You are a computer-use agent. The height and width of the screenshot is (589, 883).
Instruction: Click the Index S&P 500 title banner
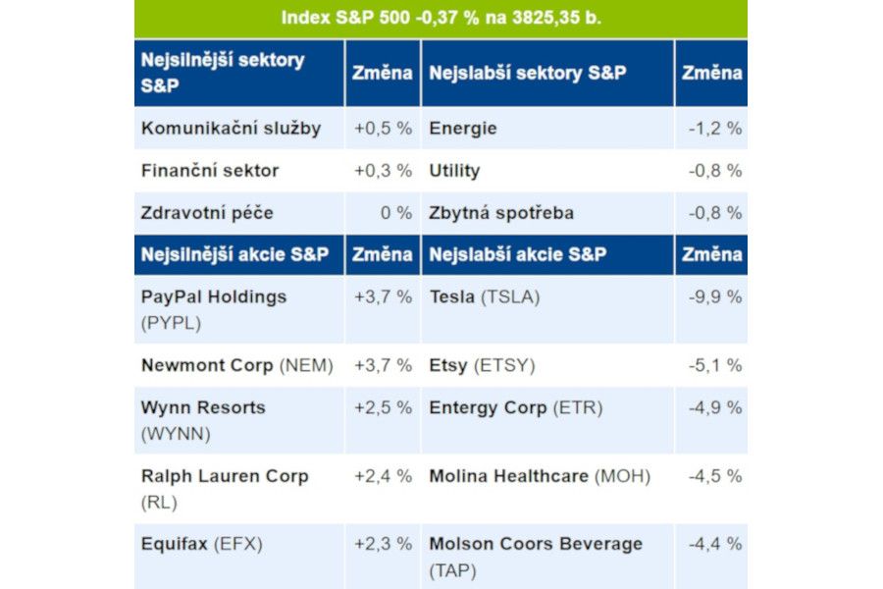pyautogui.click(x=441, y=18)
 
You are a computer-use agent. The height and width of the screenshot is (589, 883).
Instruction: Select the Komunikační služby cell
pyautogui.click(x=231, y=129)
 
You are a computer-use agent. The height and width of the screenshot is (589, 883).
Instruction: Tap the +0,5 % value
pyautogui.click(x=383, y=129)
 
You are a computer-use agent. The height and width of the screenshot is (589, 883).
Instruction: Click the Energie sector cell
pyautogui.click(x=463, y=129)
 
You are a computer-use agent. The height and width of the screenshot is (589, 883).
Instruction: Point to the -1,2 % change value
pyautogui.click(x=714, y=129)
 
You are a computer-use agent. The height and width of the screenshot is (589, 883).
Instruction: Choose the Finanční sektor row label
pyautogui.click(x=210, y=171)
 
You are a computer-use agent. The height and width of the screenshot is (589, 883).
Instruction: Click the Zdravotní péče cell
pyautogui.click(x=207, y=213)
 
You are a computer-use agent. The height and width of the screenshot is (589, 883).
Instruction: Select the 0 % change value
pyautogui.click(x=396, y=213)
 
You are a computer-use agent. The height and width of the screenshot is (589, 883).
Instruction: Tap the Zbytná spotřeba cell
pyautogui.click(x=501, y=213)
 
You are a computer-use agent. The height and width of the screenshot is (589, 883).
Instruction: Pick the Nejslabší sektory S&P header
pyautogui.click(x=528, y=73)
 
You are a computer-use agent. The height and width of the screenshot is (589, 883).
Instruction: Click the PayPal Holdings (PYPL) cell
pyautogui.click(x=214, y=309)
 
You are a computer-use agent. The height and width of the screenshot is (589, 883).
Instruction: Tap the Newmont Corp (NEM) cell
pyautogui.click(x=236, y=366)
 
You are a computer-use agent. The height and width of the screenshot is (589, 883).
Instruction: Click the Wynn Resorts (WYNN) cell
pyautogui.click(x=203, y=420)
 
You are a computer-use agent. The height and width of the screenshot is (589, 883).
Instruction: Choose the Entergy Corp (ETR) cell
pyautogui.click(x=516, y=408)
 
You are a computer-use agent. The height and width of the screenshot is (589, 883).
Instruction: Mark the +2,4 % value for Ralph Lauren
pyautogui.click(x=383, y=476)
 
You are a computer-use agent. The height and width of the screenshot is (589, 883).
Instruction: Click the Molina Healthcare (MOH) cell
pyautogui.click(x=540, y=476)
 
